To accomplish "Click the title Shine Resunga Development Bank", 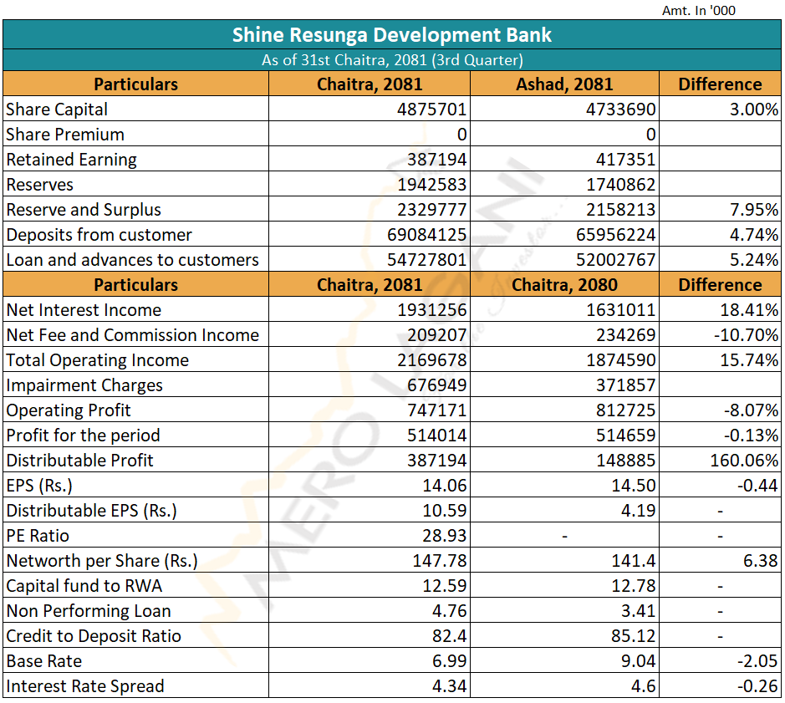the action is coord(391,35).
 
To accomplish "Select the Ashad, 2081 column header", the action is coord(564,84).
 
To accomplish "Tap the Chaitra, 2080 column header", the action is coord(564,284).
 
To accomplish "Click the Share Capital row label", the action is coord(57,110).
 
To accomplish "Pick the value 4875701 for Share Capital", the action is coord(431,110).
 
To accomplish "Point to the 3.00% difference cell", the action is coord(754,110).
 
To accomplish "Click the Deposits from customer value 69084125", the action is coord(426,234).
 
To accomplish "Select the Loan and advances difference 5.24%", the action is coord(754,259).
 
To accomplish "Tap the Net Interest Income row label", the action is coord(84,310).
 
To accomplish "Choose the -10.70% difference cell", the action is coord(747,335).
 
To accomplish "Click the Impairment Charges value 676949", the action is coord(436,385).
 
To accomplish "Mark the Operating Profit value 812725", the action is coord(625,410).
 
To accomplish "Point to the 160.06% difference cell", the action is coord(744,460).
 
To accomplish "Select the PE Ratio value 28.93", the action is coord(444,535).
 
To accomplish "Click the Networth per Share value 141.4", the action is coord(634,560).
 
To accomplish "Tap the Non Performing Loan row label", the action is coord(89,611).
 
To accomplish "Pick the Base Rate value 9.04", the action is coord(639,661).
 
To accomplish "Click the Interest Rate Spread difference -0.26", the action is coord(758,686).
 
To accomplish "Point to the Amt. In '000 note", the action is coord(698,11).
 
